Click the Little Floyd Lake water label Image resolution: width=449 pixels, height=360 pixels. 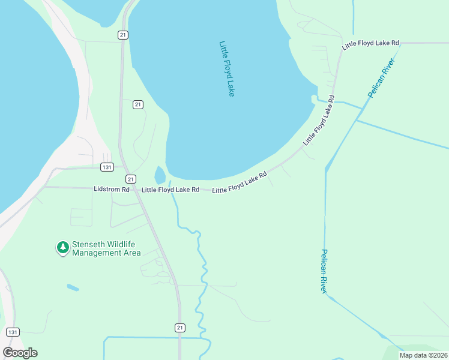[x=227, y=69]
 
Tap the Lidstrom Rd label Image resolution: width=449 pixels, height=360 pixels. [x=112, y=189]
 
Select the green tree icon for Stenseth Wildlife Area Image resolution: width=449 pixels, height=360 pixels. [x=62, y=247]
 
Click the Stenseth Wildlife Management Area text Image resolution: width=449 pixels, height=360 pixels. [x=106, y=248]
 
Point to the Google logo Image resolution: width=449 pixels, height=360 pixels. [x=20, y=352]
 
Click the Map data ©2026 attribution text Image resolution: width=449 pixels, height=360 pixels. [x=423, y=355]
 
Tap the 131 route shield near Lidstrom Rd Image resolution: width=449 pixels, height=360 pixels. [x=107, y=167]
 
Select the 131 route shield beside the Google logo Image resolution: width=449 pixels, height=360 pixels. [x=13, y=332]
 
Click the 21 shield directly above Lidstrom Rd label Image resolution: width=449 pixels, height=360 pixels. [x=131, y=179]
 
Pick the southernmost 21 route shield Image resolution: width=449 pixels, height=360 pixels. [x=180, y=327]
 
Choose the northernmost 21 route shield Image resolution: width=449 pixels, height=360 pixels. [x=123, y=35]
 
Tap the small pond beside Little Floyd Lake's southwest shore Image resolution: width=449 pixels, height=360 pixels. [x=160, y=176]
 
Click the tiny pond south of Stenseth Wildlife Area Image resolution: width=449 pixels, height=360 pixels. [x=73, y=287]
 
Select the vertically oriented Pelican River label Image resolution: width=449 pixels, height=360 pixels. [x=324, y=271]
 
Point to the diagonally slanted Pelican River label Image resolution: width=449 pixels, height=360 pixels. [x=380, y=79]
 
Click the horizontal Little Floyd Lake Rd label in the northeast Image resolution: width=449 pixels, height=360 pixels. [x=370, y=44]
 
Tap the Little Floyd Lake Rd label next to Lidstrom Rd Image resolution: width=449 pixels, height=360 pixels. [x=170, y=190]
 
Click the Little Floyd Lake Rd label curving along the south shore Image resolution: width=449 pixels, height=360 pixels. [x=240, y=182]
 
